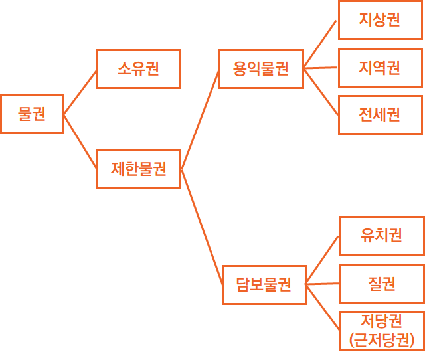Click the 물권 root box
pos(32,114)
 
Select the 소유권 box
pos(138,68)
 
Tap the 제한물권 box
pos(138,169)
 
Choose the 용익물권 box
pos(261,68)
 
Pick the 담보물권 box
pos(264,284)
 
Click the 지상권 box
pos(380,20)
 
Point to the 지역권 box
pos(380,68)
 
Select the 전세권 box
pos(380,114)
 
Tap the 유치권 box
pos(382,235)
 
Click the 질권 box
pos(382,284)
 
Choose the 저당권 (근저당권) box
pos(382,330)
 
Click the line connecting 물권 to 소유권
pos(80,92)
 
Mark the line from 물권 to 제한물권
pos(80,141)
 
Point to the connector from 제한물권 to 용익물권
pos(200,119)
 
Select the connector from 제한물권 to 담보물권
pos(201,226)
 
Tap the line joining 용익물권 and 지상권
pos(320,44)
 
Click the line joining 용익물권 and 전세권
pos(320,91)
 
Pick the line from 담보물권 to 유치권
pos(323,260)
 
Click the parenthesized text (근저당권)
pos(382,340)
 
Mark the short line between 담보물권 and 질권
pos(323,284)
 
